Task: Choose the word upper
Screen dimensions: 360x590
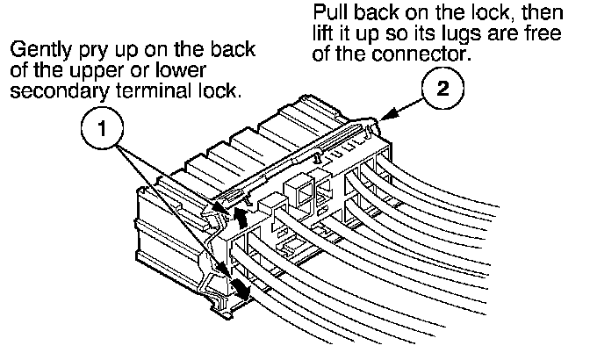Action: pyautogui.click(x=115, y=72)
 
